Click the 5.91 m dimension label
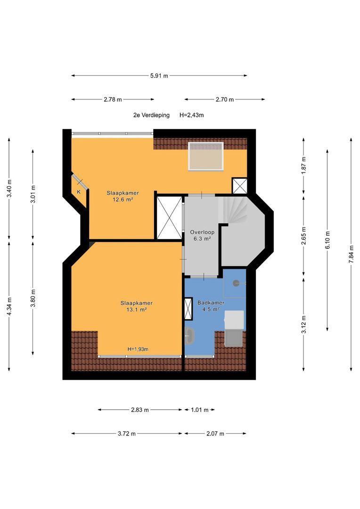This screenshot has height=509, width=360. click(159, 75)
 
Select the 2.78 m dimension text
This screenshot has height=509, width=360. click(113, 99)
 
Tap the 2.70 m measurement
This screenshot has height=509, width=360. click(225, 99)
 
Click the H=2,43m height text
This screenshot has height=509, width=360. click(191, 115)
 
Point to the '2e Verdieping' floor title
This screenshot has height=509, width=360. click(151, 115)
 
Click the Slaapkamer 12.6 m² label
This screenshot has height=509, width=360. click(123, 197)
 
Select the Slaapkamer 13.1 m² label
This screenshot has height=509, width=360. click(136, 306)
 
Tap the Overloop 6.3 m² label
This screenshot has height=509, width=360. click(202, 235)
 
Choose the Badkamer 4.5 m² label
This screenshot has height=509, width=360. click(211, 306)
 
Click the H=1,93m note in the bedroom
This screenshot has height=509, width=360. click(138, 349)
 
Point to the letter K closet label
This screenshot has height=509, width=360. click(79, 192)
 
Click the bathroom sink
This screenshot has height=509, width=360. click(189, 336)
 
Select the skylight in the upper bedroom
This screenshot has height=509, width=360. click(206, 156)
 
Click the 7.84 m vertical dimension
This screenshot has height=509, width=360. click(351, 254)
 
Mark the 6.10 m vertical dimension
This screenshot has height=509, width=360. click(327, 240)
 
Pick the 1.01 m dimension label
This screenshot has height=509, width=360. click(200, 410)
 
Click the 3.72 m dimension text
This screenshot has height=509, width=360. click(127, 434)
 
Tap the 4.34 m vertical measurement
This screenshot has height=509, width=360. click(9, 306)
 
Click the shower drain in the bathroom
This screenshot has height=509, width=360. click(236, 283)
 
